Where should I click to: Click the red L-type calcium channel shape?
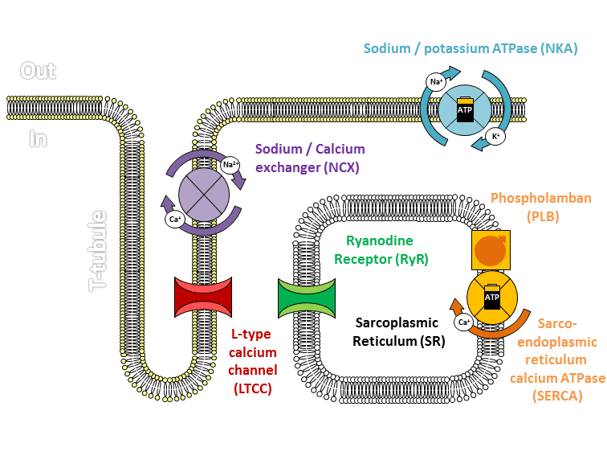click(203, 298)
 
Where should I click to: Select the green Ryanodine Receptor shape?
click(306, 298)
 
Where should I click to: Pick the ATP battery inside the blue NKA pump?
click(465, 111)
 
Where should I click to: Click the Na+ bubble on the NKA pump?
click(436, 82)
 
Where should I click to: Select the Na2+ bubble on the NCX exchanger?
click(231, 166)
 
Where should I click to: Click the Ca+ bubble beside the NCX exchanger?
click(175, 219)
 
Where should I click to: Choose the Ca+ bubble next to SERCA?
click(463, 322)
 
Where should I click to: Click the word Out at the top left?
click(38, 72)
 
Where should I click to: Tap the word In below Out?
click(38, 138)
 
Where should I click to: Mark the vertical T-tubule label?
click(97, 250)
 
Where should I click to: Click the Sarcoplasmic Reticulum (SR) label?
click(397, 331)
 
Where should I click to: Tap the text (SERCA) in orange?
click(556, 396)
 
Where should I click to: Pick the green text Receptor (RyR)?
click(381, 259)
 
